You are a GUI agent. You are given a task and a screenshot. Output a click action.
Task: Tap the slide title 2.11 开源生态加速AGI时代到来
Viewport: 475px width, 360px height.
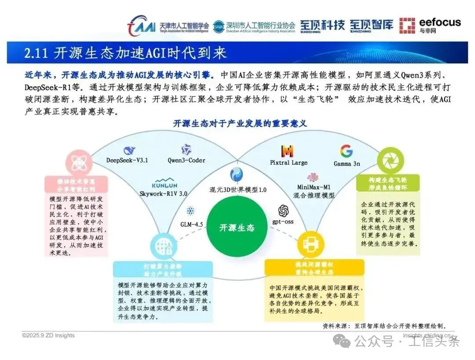pos(125,53)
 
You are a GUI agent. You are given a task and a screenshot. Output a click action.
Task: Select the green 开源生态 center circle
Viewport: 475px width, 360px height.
pos(237,228)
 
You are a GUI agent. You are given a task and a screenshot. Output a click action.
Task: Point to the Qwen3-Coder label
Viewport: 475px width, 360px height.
pos(186,160)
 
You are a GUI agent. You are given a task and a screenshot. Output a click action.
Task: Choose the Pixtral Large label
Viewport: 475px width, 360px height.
pos(289,163)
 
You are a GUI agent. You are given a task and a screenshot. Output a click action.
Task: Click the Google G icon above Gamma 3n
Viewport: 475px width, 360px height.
pos(346,151)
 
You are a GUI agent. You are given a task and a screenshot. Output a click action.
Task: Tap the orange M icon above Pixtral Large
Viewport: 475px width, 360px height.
pos(287,151)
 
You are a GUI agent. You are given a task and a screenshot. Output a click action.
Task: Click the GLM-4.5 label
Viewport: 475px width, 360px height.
pos(191,224)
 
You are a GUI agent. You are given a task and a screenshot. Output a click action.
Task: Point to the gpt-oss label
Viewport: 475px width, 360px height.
pos(283,221)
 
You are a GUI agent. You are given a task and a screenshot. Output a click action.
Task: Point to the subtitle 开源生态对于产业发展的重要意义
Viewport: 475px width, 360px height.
pos(240,124)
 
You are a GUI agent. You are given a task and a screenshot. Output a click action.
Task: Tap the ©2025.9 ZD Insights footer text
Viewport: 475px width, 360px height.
pos(48,335)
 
